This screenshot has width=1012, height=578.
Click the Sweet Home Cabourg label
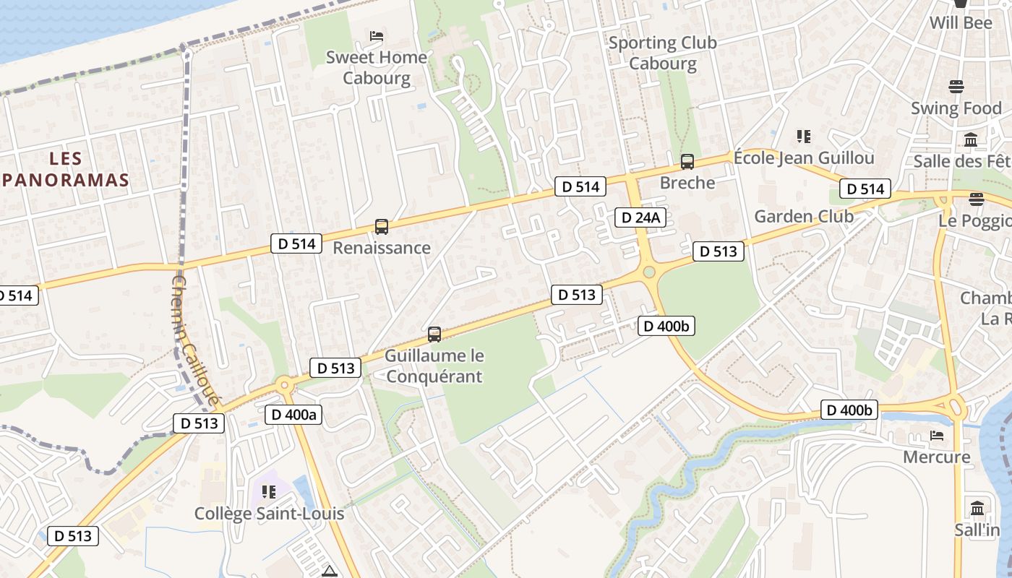[x=377, y=67]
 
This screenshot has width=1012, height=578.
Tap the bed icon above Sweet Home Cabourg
[x=376, y=35]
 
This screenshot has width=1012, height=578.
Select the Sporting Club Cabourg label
[x=662, y=53]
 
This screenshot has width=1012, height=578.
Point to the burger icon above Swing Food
[x=956, y=87]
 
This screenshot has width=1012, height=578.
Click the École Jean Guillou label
[x=804, y=158]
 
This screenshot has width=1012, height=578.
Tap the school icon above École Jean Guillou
[x=803, y=136]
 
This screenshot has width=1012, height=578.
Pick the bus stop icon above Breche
[x=687, y=162]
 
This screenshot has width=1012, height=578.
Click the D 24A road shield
[x=640, y=217]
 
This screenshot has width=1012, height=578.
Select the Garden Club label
[x=804, y=216]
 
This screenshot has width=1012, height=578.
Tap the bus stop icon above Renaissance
[x=381, y=227]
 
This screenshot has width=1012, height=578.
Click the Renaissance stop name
[x=381, y=248]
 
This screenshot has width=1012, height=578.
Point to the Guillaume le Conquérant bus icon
[x=434, y=334]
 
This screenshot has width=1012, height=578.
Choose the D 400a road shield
[x=293, y=415]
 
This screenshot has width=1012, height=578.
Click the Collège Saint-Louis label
[x=269, y=514]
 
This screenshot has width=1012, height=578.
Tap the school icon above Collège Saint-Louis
[x=269, y=492]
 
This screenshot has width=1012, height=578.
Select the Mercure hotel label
[x=936, y=457]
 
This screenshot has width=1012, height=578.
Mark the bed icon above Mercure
[x=937, y=436]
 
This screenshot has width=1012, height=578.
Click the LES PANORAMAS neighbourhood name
[x=64, y=169]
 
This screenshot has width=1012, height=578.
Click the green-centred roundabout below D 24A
[x=648, y=272]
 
